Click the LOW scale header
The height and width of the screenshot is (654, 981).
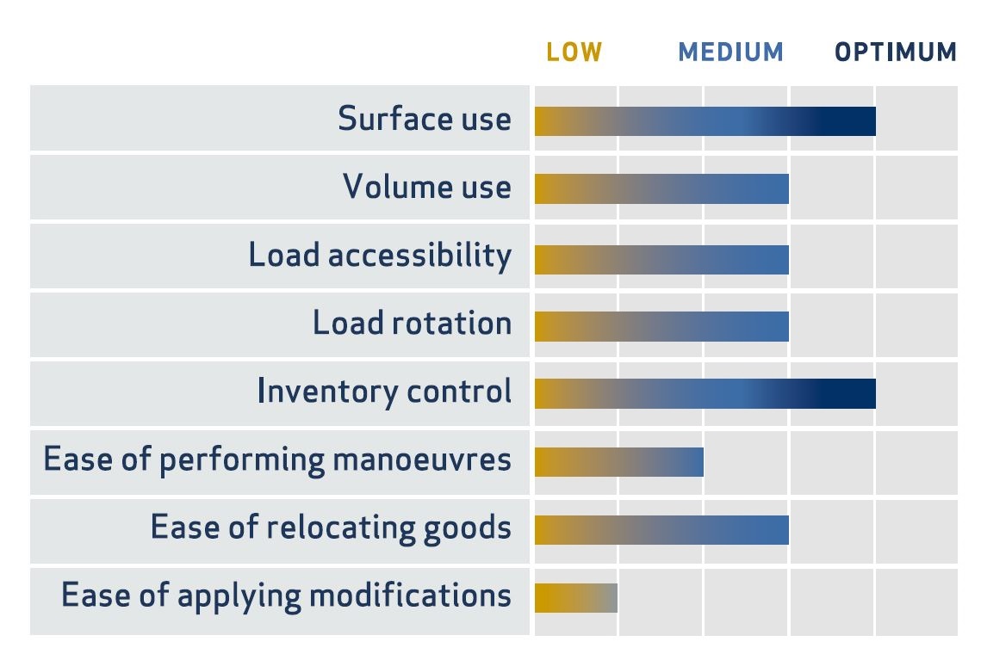(574, 52)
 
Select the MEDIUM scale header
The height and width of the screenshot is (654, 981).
(730, 52)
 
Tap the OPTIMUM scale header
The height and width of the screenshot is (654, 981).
(896, 52)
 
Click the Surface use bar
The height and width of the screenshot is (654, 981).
(705, 121)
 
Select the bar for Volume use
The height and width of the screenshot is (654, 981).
(662, 188)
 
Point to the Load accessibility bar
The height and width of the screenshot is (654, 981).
(662, 260)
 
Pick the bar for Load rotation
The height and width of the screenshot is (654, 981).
(662, 326)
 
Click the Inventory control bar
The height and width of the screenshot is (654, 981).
(705, 394)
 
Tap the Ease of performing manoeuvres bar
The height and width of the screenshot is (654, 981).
(619, 462)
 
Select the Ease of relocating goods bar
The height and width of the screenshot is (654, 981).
(662, 530)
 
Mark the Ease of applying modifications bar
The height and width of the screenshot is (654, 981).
(576, 598)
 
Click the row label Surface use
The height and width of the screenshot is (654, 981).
(425, 118)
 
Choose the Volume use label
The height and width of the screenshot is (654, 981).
(426, 187)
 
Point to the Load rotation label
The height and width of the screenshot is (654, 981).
(412, 324)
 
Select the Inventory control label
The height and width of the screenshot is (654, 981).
(384, 392)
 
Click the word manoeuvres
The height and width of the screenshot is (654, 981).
(422, 460)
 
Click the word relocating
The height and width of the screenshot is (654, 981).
(341, 528)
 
